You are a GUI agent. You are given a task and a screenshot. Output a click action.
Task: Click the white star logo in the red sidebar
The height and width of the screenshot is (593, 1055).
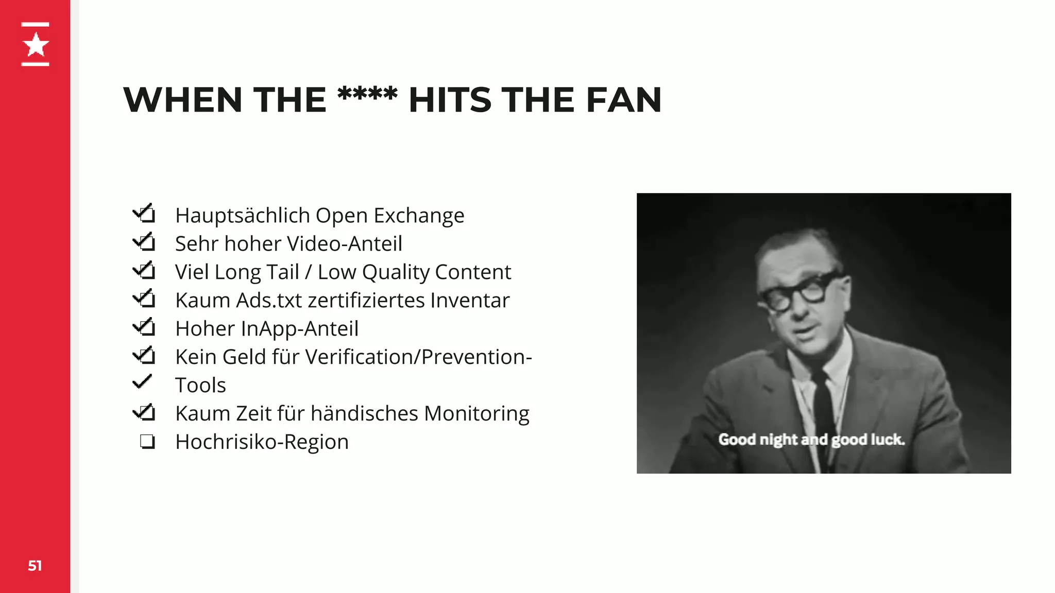click(x=36, y=44)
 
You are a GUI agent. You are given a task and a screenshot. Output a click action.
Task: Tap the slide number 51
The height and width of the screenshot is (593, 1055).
click(x=35, y=566)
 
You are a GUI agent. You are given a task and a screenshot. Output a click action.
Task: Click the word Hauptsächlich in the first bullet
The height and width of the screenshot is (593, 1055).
click(x=242, y=216)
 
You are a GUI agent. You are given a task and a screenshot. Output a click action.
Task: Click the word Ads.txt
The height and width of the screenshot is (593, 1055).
click(x=268, y=301)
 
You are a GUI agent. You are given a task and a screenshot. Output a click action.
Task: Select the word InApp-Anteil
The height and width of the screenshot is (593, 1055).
click(x=299, y=329)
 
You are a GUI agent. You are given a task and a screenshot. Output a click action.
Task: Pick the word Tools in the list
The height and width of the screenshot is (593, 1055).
click(x=200, y=386)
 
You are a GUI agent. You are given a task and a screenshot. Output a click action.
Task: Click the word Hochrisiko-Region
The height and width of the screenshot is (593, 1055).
click(x=262, y=442)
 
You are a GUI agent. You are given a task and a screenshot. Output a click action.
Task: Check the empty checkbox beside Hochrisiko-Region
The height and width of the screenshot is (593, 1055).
click(x=147, y=442)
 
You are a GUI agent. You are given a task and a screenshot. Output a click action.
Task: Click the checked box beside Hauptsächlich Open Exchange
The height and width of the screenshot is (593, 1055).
click(x=145, y=213)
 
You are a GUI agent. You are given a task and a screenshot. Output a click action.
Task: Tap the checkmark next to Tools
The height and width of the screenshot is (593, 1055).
click(x=142, y=382)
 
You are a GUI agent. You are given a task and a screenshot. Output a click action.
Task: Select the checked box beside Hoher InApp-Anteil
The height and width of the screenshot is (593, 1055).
click(x=145, y=326)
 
